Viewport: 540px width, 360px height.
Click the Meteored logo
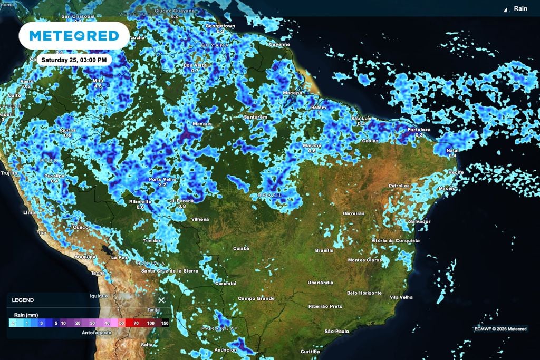click(74, 35)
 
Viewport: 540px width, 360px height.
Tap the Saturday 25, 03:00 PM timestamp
click(74, 60)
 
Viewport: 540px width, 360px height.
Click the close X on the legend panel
click(162, 300)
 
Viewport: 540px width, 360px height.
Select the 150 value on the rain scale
click(165, 323)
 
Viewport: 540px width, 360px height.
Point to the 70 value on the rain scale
click(136, 323)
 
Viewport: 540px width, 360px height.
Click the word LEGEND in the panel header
click(23, 300)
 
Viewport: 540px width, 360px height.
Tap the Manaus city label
click(201, 124)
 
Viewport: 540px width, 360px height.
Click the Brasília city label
click(324, 250)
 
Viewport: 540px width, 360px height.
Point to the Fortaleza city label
click(419, 130)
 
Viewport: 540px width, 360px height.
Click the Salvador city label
click(419, 221)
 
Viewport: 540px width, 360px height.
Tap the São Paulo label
click(337, 331)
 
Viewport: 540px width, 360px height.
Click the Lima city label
click(30, 212)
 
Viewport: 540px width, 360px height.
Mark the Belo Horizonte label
click(364, 293)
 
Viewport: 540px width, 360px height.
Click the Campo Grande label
click(256, 298)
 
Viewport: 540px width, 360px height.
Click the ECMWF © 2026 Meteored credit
click(500, 329)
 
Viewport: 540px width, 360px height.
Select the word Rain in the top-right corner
click(520, 8)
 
